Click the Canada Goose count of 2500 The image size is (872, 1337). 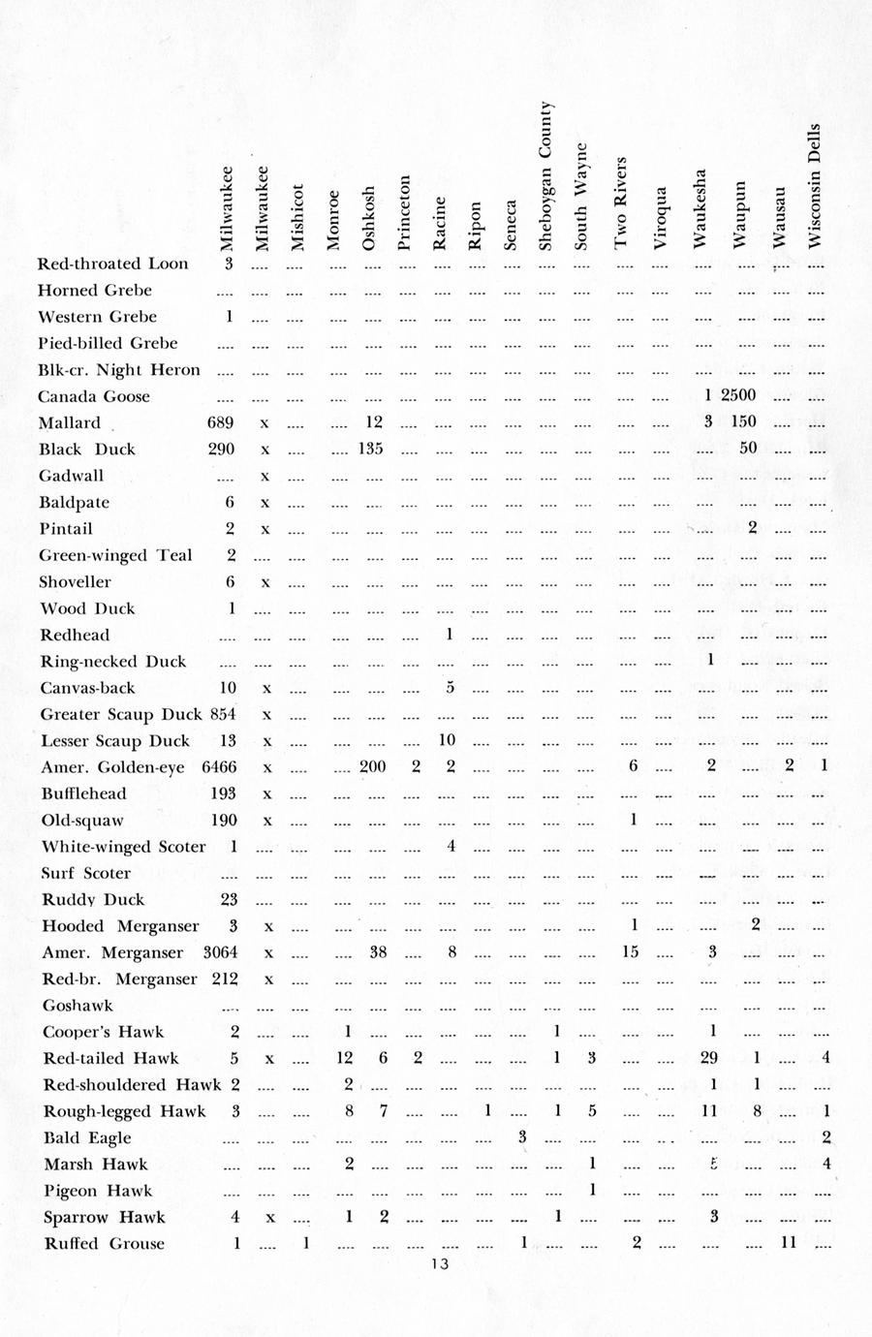738,395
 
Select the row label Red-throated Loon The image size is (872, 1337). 112,264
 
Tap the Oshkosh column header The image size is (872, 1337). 369,218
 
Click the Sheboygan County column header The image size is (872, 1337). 545,176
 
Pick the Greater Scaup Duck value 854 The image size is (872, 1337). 222,714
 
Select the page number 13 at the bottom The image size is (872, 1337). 440,1263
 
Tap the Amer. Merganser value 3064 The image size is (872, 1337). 220,952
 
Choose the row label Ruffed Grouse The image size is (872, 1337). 104,1243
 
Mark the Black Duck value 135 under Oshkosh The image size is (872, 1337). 371,449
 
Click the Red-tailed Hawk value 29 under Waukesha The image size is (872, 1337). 709,1058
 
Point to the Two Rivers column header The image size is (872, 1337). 621,202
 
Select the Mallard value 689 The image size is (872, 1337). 221,422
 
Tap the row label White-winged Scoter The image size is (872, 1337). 123,847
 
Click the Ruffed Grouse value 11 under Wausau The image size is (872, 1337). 789,1242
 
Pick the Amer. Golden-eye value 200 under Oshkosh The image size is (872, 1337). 372,766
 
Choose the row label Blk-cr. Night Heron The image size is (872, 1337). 118,369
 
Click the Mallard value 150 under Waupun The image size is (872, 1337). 744,421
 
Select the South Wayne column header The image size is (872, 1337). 580,197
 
